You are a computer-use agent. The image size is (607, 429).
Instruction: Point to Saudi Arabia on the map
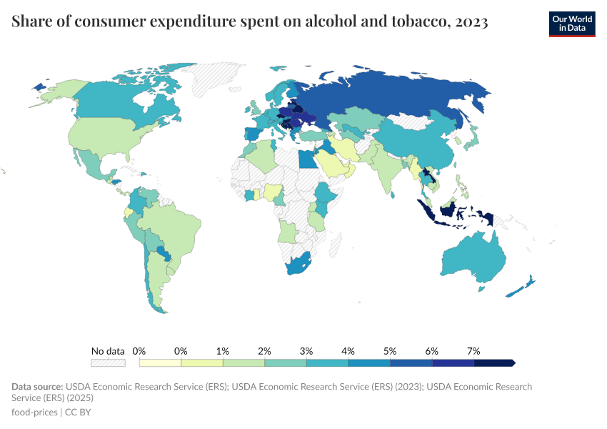(333, 164)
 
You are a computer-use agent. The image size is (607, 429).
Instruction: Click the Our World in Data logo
(571, 24)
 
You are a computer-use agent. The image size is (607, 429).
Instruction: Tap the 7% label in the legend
(473, 351)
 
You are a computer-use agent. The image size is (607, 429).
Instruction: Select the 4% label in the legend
(348, 351)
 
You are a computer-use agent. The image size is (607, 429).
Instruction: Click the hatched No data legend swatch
(108, 363)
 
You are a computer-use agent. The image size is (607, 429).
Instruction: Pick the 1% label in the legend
(223, 351)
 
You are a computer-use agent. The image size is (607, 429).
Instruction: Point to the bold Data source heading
(37, 387)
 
